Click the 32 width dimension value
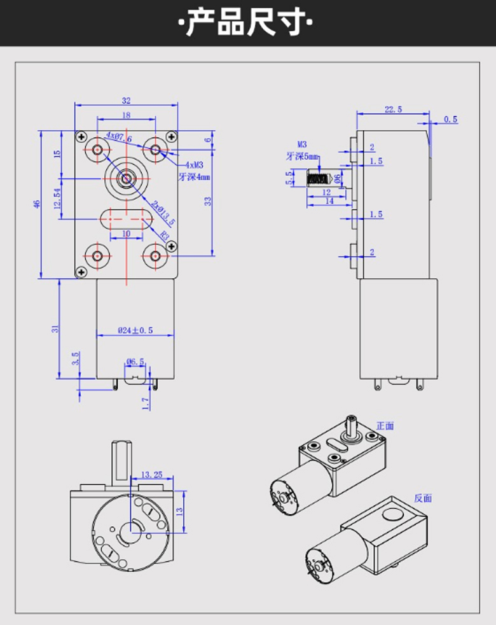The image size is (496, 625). [126, 101]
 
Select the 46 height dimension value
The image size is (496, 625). [37, 204]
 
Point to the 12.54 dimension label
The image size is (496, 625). [58, 199]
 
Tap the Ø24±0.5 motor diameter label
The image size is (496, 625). [135, 330]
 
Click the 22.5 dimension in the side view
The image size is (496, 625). [393, 109]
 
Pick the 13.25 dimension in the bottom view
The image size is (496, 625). [153, 474]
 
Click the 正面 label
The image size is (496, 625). [385, 426]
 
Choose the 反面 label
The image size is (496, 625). [422, 498]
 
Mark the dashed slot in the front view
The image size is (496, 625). [126, 219]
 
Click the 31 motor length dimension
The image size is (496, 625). [55, 329]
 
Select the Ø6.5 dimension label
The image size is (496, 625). [135, 362]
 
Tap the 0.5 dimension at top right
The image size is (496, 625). [450, 120]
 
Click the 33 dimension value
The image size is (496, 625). [207, 201]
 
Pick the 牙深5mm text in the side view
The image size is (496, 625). [302, 157]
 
